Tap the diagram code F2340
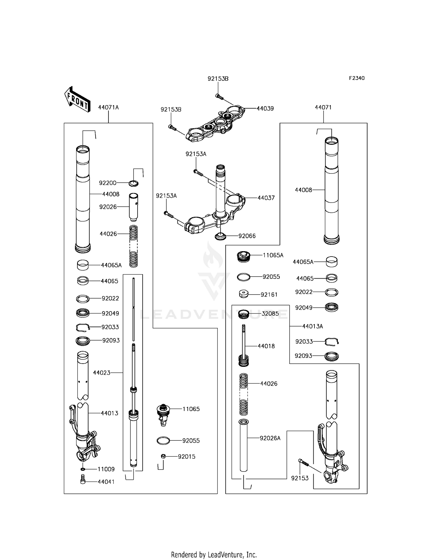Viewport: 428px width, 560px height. (x=357, y=78)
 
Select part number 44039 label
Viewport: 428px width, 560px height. (x=265, y=108)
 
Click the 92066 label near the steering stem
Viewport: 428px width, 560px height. (x=247, y=236)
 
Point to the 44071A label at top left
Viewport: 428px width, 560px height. (x=108, y=108)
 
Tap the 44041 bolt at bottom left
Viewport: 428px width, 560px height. (x=83, y=481)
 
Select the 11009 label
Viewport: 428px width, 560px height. (x=106, y=469)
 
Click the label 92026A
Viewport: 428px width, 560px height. (x=270, y=438)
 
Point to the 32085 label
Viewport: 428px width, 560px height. (x=270, y=314)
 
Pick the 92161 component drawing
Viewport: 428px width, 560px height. (x=243, y=294)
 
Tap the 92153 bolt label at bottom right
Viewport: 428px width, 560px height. (x=300, y=478)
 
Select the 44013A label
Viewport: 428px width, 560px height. (x=312, y=326)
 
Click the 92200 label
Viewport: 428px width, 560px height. (x=108, y=183)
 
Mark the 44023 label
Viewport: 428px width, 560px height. (x=102, y=373)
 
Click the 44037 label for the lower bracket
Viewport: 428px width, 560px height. (x=266, y=198)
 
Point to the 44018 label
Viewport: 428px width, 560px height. (x=266, y=346)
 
